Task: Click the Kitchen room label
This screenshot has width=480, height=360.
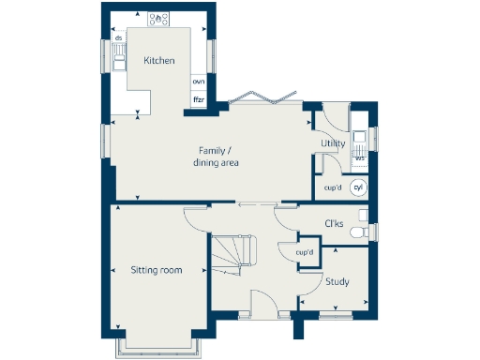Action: (158, 61)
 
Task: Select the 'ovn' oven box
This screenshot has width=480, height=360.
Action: (199, 81)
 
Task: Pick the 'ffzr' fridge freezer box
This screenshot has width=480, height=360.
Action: (199, 98)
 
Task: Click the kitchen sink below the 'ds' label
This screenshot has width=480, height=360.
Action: (119, 59)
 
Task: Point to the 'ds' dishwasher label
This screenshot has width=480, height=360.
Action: (119, 38)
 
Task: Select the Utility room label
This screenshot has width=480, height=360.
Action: (333, 143)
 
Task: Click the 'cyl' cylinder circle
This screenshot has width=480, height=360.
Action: (357, 187)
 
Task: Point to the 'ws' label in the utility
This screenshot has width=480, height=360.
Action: (360, 157)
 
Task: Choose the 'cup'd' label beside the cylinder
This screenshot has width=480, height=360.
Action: (332, 187)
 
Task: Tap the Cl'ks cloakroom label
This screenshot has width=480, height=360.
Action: (333, 223)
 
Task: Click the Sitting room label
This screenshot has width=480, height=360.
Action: (156, 270)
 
